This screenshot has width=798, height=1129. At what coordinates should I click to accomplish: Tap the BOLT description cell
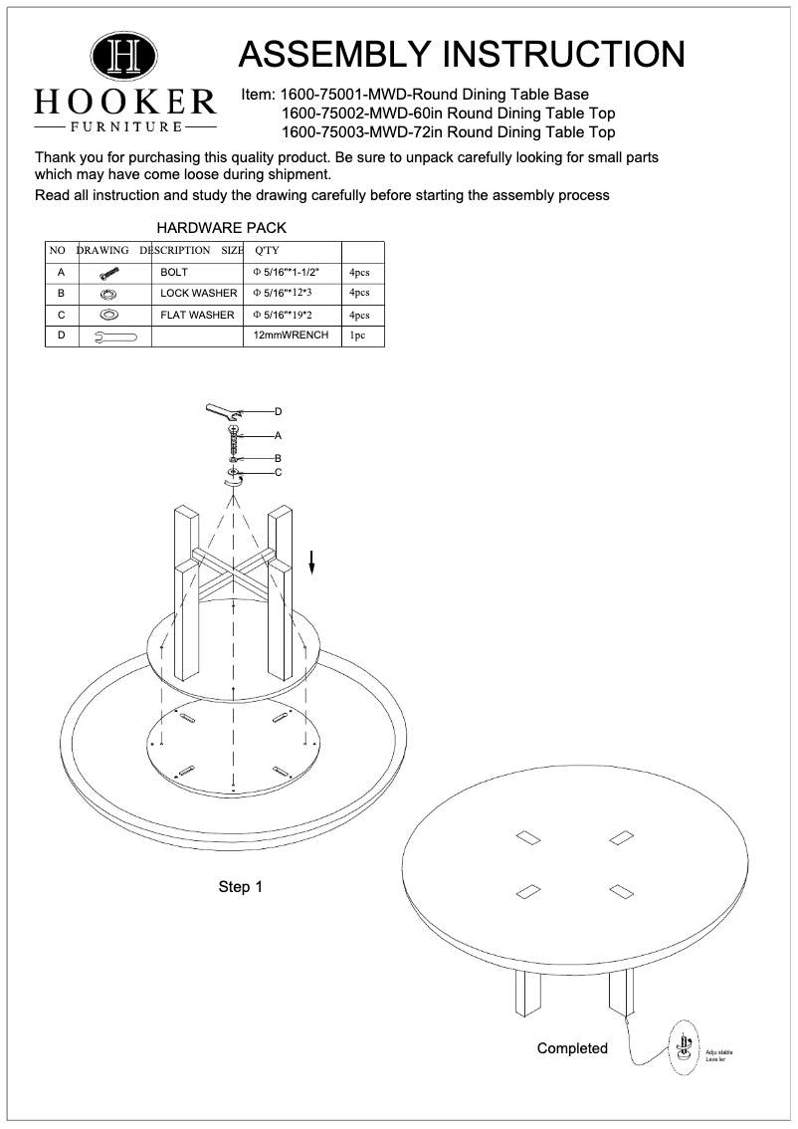174,271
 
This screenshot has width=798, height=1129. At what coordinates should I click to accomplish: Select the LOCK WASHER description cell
199,293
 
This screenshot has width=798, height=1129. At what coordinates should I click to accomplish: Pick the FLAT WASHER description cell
197,315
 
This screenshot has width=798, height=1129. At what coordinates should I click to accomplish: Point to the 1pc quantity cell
358,337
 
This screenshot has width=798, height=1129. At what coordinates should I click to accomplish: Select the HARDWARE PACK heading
222,228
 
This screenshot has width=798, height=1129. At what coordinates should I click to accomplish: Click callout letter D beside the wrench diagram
279,411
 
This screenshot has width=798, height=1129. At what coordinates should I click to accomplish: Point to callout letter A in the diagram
279,435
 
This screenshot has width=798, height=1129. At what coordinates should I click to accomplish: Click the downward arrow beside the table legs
311,563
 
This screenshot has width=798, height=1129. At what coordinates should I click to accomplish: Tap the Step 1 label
240,886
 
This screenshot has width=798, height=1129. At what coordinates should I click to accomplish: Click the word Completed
572,1048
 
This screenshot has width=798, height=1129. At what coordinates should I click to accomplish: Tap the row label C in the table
62,315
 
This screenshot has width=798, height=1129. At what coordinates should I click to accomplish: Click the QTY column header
268,250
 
